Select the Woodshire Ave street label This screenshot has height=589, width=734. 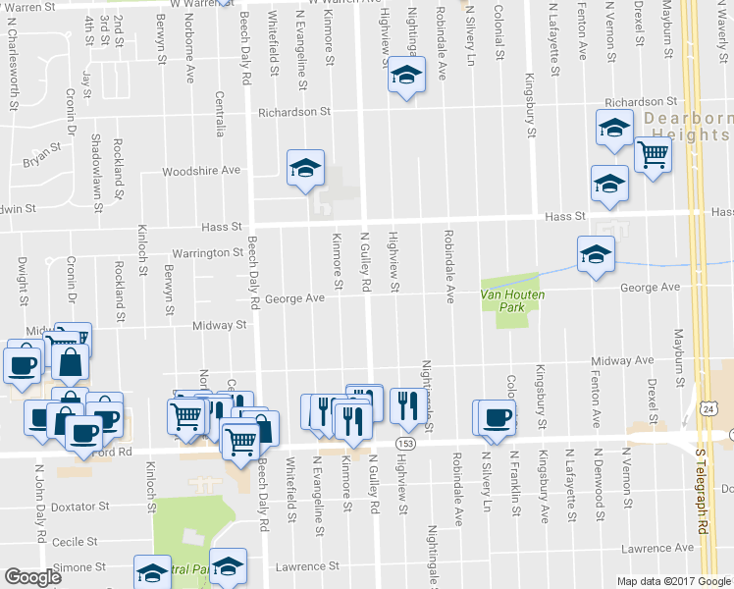pyautogui.click(x=201, y=170)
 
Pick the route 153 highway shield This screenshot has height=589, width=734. pyautogui.click(x=404, y=445)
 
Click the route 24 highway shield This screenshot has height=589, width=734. pyautogui.click(x=708, y=406)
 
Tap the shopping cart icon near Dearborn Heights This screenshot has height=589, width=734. pyautogui.click(x=653, y=152)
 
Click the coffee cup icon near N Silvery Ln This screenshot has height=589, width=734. pyautogui.click(x=497, y=416)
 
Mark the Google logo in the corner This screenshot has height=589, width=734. pyautogui.click(x=32, y=577)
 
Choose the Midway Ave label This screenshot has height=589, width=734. pyautogui.click(x=621, y=361)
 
